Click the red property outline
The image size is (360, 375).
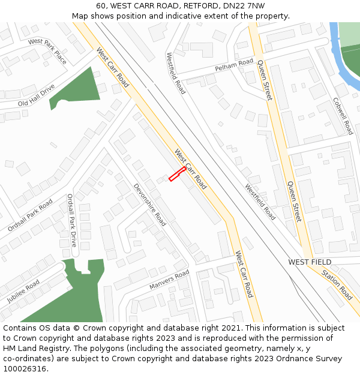click(x=176, y=174)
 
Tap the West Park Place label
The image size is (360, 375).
click(x=47, y=50)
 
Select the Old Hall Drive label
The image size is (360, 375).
click(x=36, y=95)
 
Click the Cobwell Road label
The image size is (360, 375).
click(x=343, y=116)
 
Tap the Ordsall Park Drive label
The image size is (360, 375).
click(x=72, y=220)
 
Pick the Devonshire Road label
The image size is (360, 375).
click(x=149, y=205)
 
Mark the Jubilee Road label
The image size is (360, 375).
click(x=23, y=291)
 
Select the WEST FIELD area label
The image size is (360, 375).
click(x=310, y=262)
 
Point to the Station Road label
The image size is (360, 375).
click(x=337, y=284)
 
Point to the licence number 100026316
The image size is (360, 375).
click(x=24, y=368)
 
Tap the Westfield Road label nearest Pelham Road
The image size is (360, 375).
click(x=176, y=73)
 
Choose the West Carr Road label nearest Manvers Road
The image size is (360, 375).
click(x=244, y=274)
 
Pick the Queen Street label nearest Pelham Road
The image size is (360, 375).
click(x=265, y=80)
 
